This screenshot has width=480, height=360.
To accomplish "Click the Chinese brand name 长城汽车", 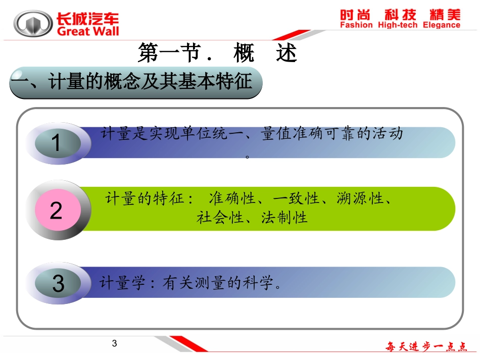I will click(88, 18).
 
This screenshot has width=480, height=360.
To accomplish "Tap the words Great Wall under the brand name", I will click(88, 32).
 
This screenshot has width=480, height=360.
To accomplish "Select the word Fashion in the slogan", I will click(356, 25).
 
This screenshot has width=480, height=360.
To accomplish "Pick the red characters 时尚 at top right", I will click(357, 14).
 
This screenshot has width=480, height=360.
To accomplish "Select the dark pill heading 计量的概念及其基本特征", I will click(136, 82).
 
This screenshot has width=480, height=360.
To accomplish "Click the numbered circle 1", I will click(56, 143).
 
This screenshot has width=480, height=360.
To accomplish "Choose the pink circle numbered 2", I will click(56, 210).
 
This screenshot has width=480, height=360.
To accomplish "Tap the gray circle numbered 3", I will click(58, 284).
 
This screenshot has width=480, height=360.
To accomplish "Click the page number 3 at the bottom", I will click(114, 344).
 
